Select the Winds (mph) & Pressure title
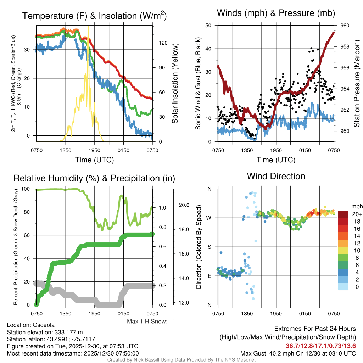[x=276, y=13]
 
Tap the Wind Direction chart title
[x=276, y=176]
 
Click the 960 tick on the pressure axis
[x=345, y=26]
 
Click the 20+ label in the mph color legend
[x=356, y=214]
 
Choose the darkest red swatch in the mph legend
[x=344, y=214]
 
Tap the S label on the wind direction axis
[x=209, y=247]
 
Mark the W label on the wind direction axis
[x=209, y=218]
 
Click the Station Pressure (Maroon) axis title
[x=357, y=83]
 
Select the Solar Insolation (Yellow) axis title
[x=174, y=83]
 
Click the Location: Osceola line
[x=30, y=325]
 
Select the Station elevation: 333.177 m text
[x=45, y=332]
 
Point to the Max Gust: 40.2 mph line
[x=298, y=353]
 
